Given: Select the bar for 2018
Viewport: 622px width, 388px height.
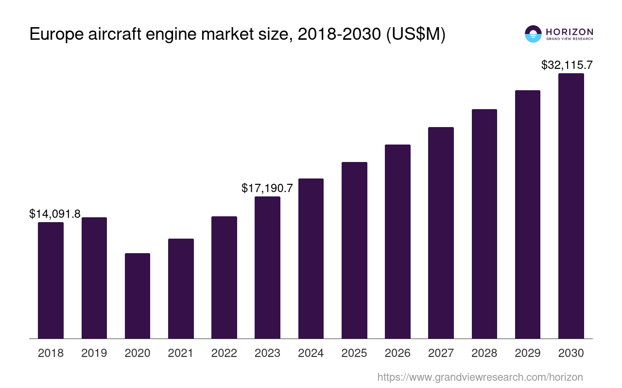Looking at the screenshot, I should (x=51, y=280).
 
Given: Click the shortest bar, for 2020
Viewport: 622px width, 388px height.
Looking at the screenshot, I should (x=138, y=296).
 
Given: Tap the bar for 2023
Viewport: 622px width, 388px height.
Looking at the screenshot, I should (x=267, y=267).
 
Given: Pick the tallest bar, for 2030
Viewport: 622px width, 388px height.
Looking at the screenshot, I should (x=571, y=206).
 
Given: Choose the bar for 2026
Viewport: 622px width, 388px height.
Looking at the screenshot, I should (x=397, y=242).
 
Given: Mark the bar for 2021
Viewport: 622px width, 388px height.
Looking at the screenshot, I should (x=181, y=289).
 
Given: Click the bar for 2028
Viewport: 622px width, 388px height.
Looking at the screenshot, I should (x=484, y=224).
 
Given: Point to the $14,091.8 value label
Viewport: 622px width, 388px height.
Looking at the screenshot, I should (x=55, y=214).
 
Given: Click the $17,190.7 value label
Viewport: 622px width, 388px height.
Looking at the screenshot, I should (x=267, y=188).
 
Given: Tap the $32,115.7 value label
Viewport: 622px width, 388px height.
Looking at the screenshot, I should (x=567, y=65).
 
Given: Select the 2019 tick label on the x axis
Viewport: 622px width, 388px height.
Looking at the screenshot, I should (x=94, y=353).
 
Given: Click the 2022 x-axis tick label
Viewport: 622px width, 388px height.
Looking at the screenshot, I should (x=224, y=353).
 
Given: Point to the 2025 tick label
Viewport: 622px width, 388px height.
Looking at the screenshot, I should (x=354, y=353).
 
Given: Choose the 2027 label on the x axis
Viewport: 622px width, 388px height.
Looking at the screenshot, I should (x=441, y=353).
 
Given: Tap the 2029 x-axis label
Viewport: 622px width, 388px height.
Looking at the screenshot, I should (x=528, y=353).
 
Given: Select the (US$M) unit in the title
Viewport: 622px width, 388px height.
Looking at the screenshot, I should (x=415, y=35).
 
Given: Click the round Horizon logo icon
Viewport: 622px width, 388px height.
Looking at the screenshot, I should (x=533, y=34).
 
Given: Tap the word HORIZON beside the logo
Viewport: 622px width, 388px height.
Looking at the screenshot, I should (x=570, y=32).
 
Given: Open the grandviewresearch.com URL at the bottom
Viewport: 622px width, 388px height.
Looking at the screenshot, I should (x=480, y=377).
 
